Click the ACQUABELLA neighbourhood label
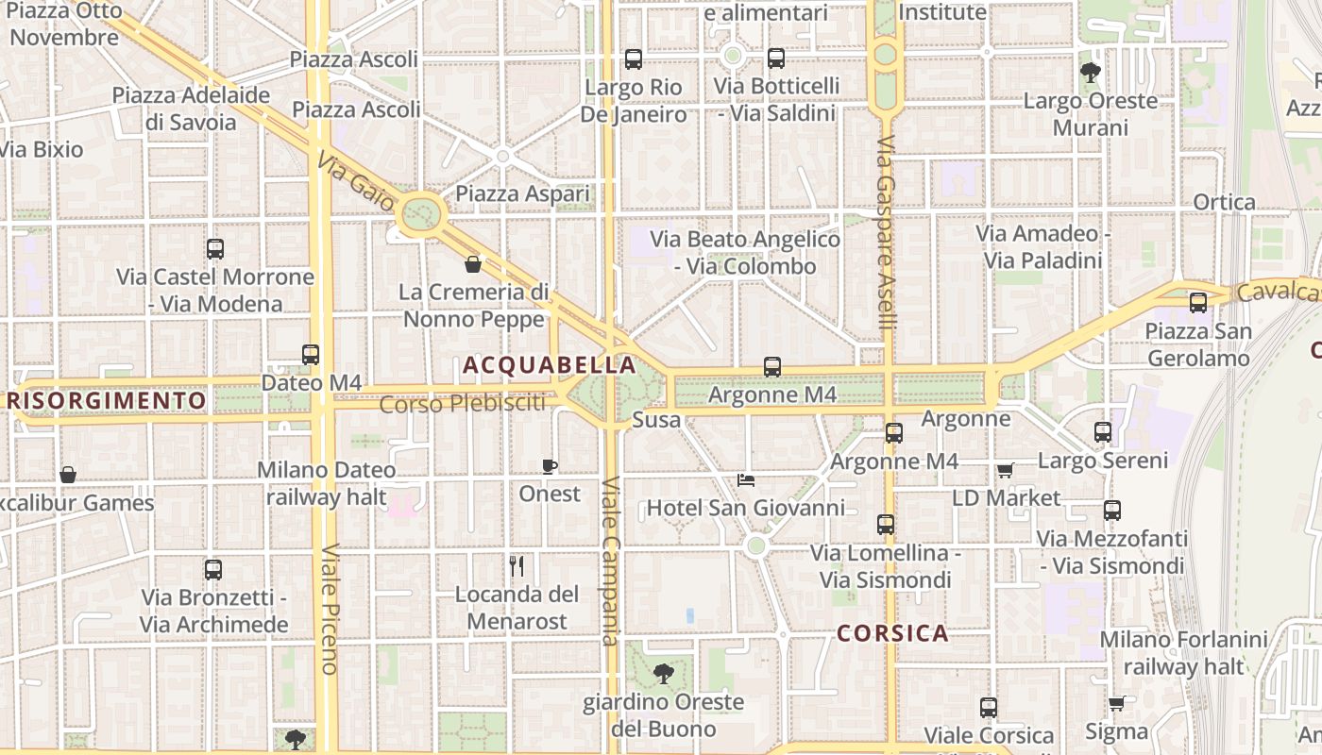[x=549, y=365]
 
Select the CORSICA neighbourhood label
[x=892, y=633]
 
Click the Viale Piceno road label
[x=329, y=609]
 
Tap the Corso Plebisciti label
[x=463, y=404]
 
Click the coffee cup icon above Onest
[x=550, y=466]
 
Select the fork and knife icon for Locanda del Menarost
[x=517, y=566]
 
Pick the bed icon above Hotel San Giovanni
[x=746, y=479]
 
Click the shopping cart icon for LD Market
[x=1005, y=470]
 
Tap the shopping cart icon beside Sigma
[x=1116, y=703]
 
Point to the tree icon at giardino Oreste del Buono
[x=664, y=673]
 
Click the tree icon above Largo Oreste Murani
[x=1091, y=72]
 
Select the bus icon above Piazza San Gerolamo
[x=1198, y=303]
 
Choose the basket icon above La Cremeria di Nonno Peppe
[x=473, y=264]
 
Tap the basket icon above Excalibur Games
[x=67, y=475]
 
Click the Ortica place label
[x=1225, y=202]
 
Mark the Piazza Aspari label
[x=522, y=194]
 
